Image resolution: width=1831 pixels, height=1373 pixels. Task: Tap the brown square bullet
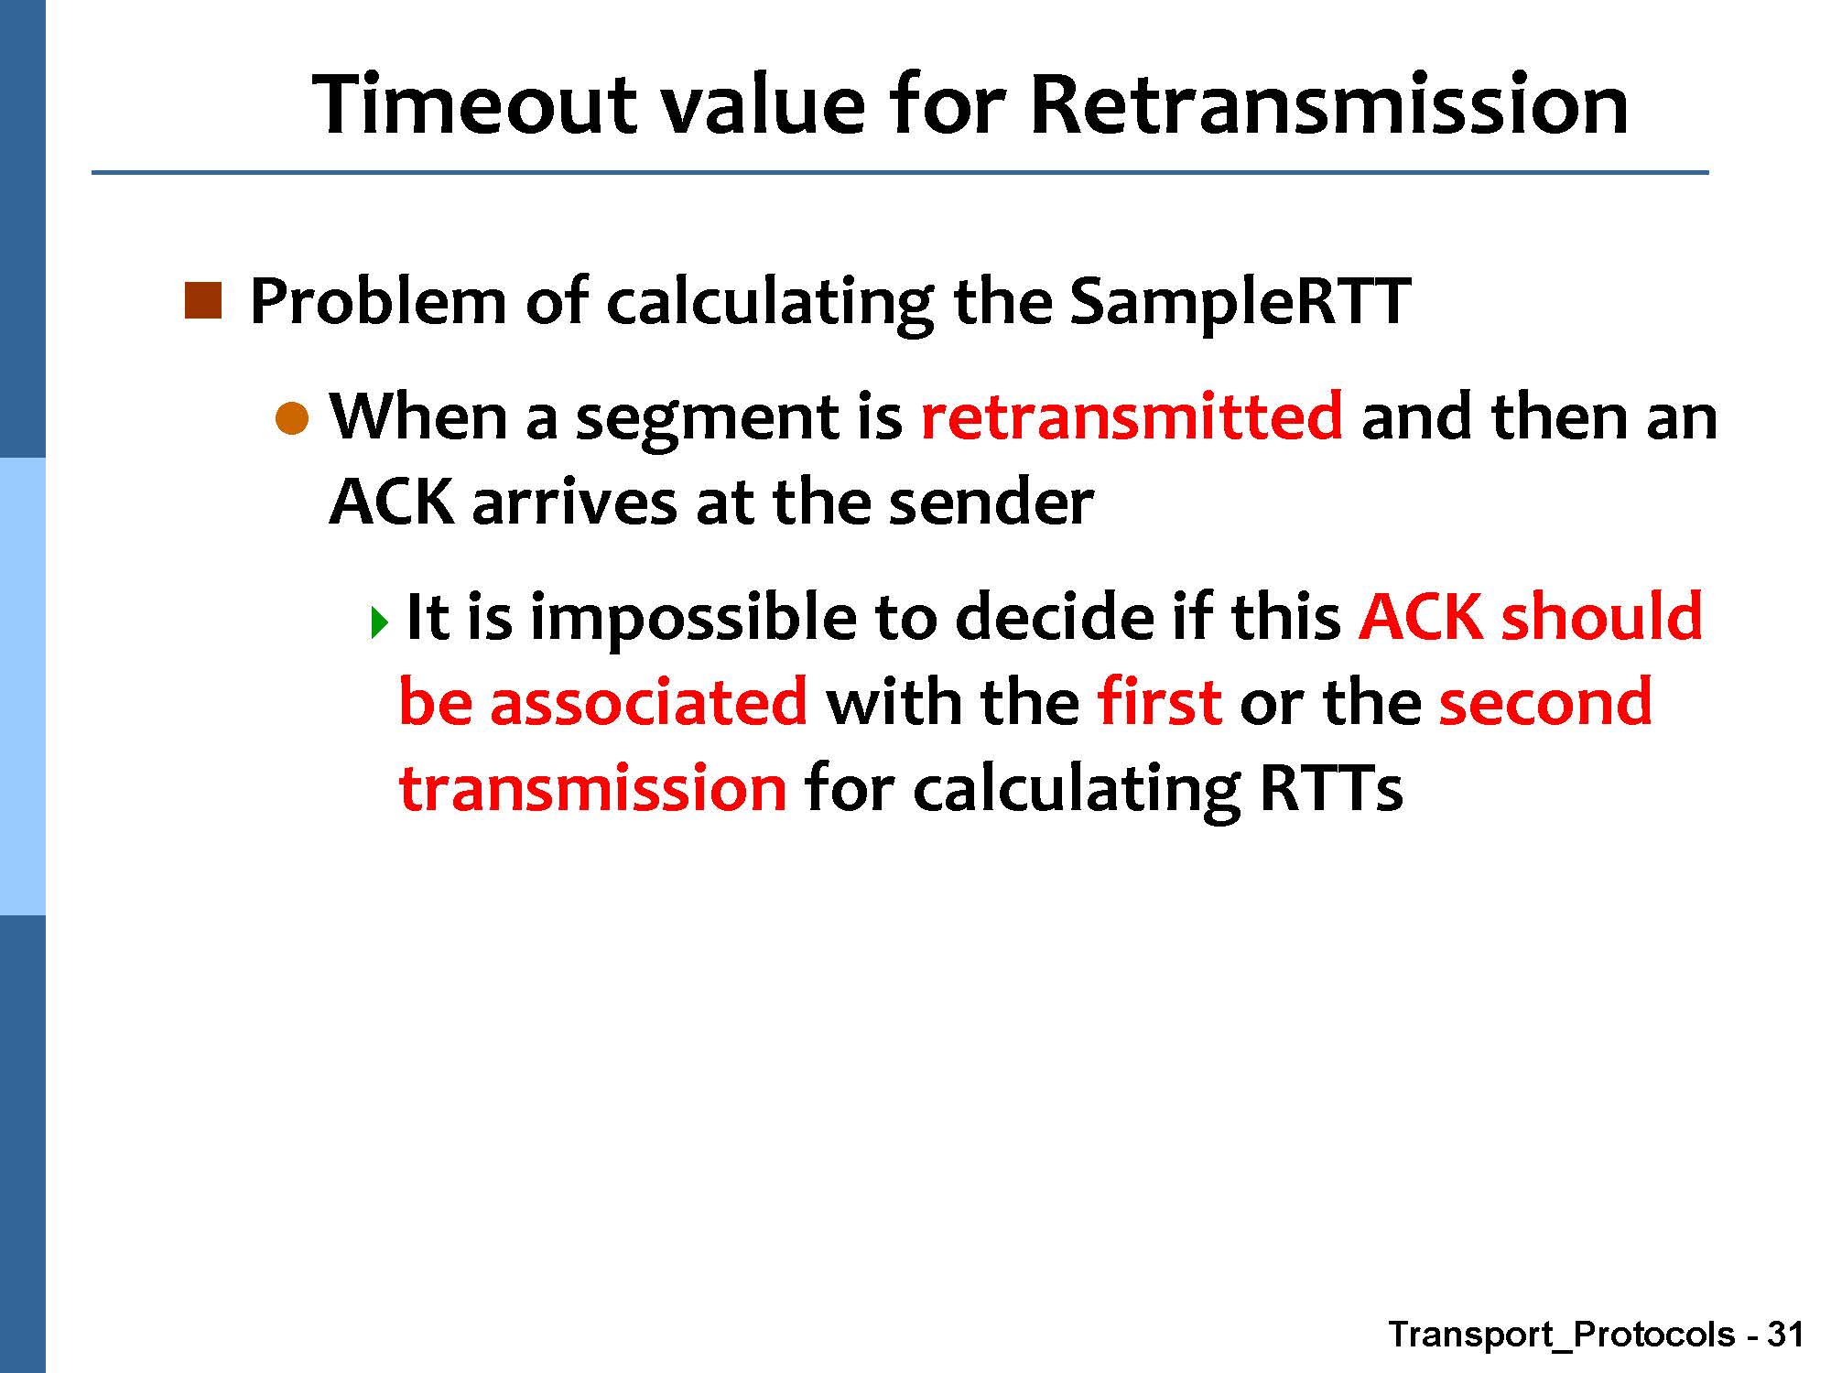(203, 300)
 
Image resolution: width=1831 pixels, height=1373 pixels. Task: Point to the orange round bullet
(293, 418)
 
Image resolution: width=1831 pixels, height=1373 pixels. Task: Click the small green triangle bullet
(381, 622)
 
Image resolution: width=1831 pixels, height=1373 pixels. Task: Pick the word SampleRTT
(1240, 303)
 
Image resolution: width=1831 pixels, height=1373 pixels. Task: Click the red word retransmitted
(1132, 416)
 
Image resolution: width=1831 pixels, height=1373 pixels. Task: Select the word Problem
(377, 301)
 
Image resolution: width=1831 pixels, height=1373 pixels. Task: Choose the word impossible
(693, 618)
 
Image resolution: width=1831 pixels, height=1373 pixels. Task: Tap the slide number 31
(1784, 1334)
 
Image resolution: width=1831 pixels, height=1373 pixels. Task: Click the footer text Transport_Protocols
(1562, 1335)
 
